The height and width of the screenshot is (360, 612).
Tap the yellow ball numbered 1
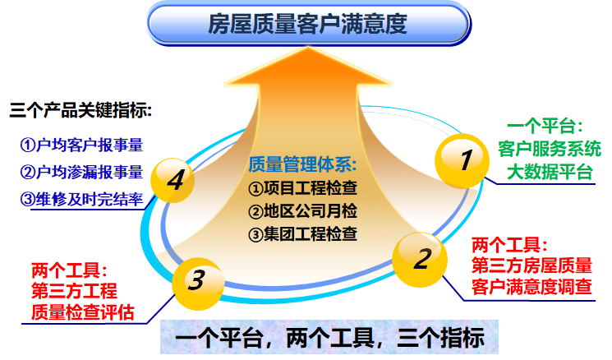click(x=464, y=159)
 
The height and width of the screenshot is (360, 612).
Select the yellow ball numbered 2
click(x=421, y=259)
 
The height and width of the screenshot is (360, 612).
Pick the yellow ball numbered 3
click(x=196, y=280)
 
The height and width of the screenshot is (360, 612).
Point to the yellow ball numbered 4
click(x=175, y=180)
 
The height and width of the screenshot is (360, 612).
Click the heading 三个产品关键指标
click(x=81, y=109)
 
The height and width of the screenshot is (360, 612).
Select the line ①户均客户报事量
click(x=81, y=145)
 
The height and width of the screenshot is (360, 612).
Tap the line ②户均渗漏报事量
click(x=81, y=173)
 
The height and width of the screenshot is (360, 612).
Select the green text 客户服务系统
click(x=549, y=150)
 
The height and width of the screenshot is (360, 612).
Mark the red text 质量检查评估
click(x=82, y=312)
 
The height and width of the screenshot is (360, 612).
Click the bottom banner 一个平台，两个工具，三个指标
click(x=329, y=338)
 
